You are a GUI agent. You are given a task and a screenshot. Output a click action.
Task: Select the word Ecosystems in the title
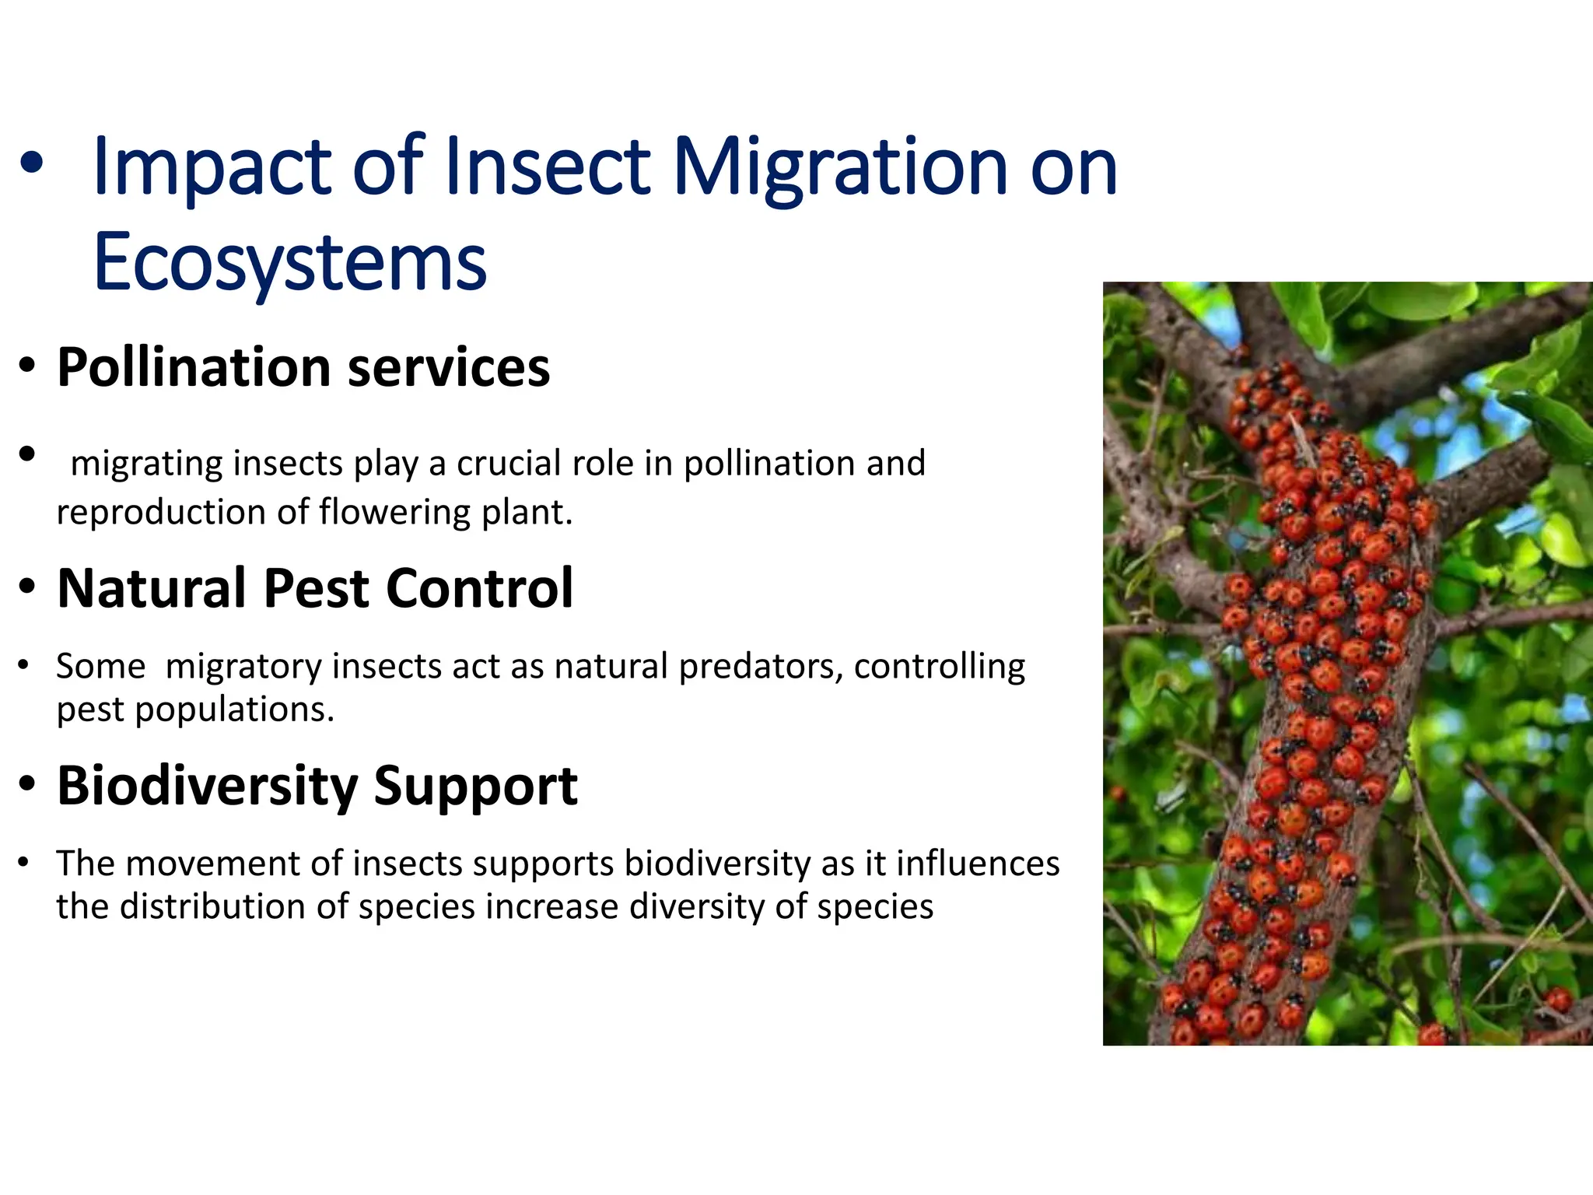pyautogui.click(x=289, y=263)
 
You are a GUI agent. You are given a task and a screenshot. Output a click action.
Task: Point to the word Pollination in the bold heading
pyautogui.click(x=194, y=368)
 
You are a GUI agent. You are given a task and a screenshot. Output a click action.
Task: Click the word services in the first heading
pyautogui.click(x=449, y=368)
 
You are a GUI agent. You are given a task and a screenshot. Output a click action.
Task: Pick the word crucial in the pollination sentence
pyautogui.click(x=508, y=464)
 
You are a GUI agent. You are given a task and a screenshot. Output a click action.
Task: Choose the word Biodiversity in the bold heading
pyautogui.click(x=207, y=786)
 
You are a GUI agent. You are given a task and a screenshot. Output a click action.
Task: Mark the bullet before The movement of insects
pyautogui.click(x=24, y=862)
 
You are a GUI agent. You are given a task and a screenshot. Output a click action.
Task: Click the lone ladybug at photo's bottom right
pyautogui.click(x=1559, y=998)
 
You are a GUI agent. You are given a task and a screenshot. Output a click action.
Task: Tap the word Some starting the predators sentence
pyautogui.click(x=100, y=667)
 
